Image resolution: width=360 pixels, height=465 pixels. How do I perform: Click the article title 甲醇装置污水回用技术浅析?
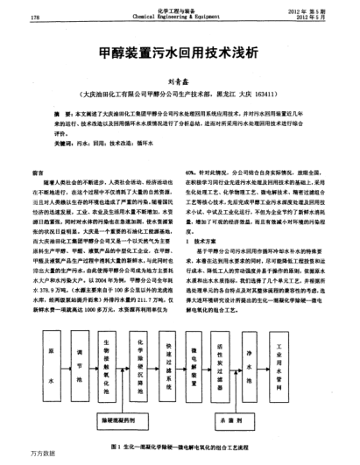tap(180, 53)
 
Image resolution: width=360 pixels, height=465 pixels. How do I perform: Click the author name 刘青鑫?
tap(180, 78)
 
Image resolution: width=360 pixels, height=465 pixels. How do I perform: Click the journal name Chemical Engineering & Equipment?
tap(180, 16)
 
